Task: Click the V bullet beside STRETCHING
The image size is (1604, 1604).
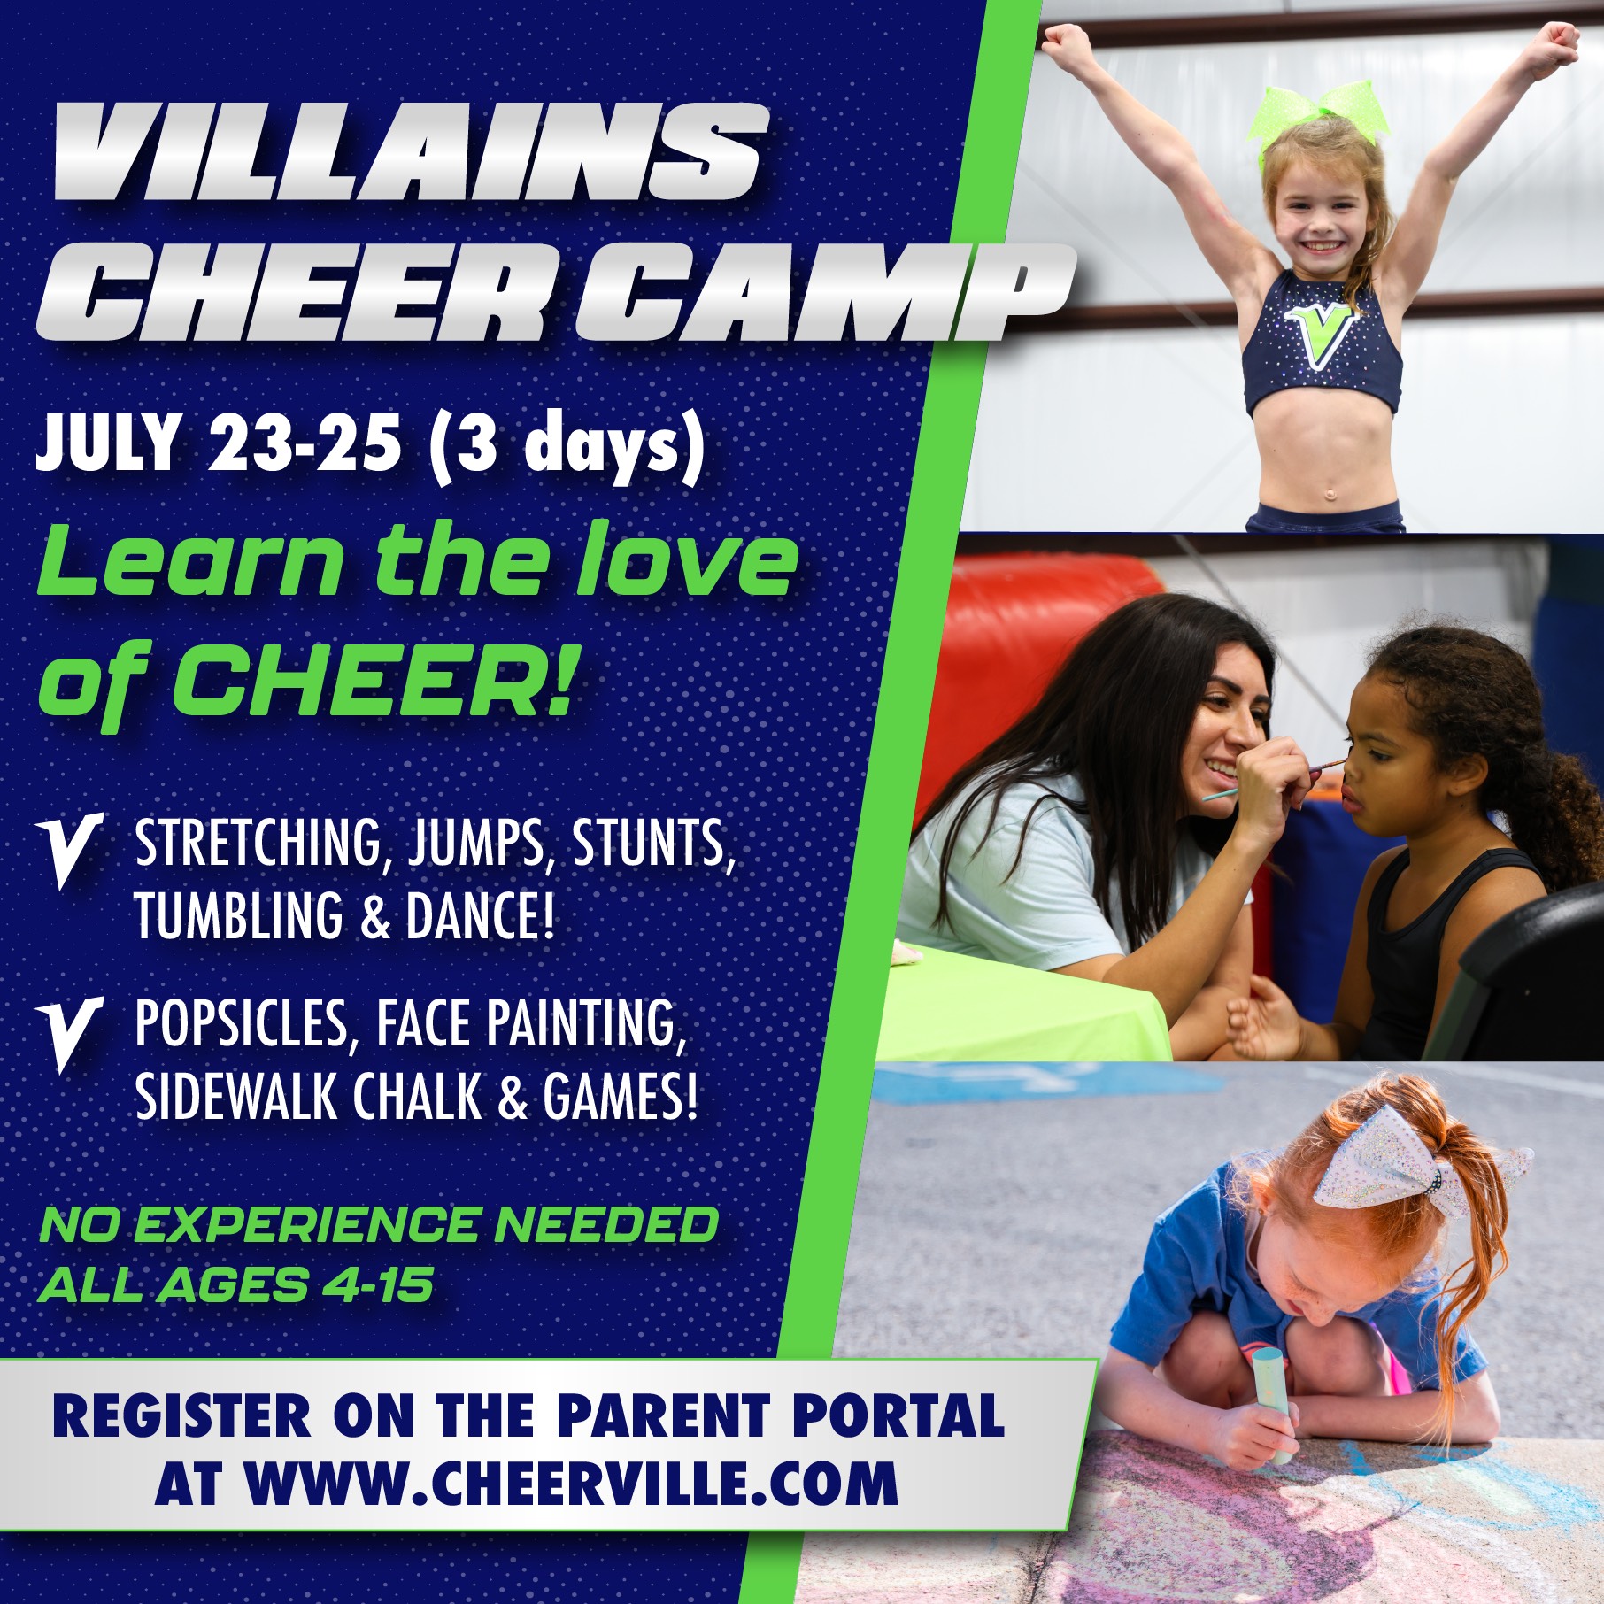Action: click(71, 850)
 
